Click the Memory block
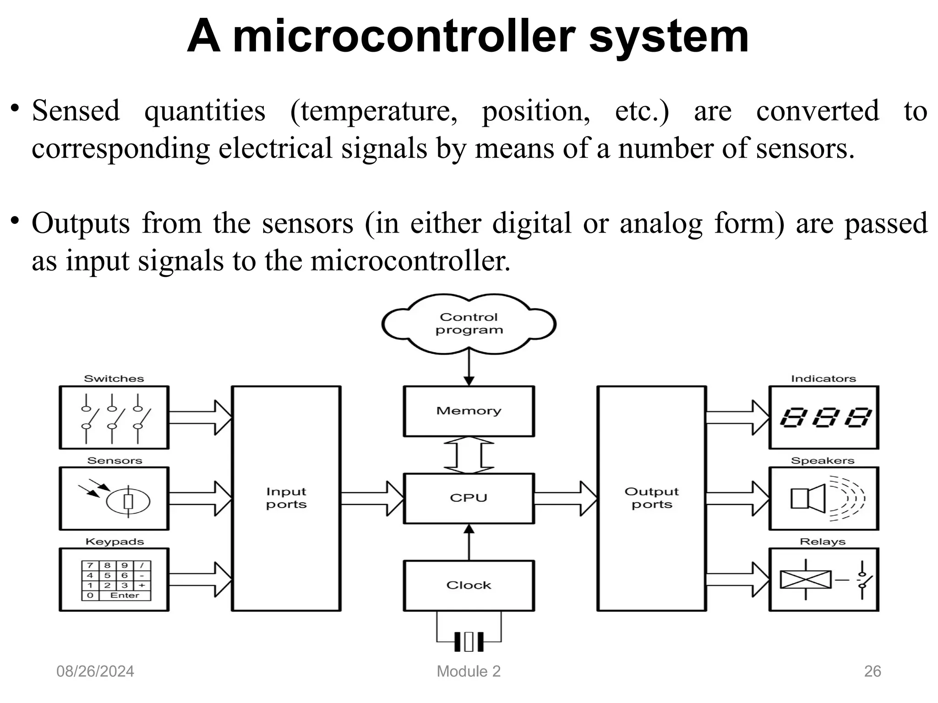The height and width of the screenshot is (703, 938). [469, 411]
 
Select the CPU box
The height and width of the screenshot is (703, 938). [469, 498]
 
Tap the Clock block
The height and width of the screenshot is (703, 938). [469, 585]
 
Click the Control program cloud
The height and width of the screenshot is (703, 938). [469, 324]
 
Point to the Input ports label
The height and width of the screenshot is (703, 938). [286, 498]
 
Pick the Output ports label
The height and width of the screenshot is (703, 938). [651, 498]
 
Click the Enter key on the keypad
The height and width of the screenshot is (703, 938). [124, 595]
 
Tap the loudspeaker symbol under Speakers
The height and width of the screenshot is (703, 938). [808, 498]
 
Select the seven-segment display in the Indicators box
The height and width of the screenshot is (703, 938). [824, 417]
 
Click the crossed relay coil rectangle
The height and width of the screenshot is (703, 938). [806, 580]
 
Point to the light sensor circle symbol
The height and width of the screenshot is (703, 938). [128, 501]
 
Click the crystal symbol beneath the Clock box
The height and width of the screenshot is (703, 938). [469, 642]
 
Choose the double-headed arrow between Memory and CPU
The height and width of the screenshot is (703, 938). [469, 455]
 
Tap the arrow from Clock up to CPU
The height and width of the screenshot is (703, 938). [469, 542]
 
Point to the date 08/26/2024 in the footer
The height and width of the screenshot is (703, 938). [95, 671]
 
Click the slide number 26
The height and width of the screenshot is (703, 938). [872, 671]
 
